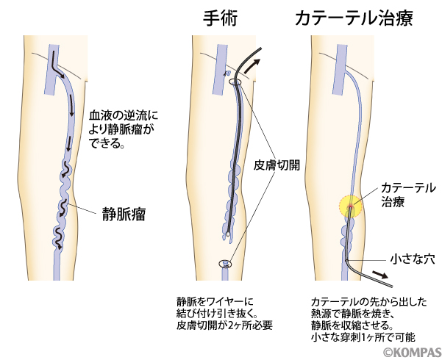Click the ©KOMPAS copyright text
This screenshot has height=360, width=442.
[x=410, y=352]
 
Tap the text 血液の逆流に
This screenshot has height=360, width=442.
[x=123, y=116]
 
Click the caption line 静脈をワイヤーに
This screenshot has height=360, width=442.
[x=214, y=300]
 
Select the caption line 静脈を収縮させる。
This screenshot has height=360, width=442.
[x=352, y=325]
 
